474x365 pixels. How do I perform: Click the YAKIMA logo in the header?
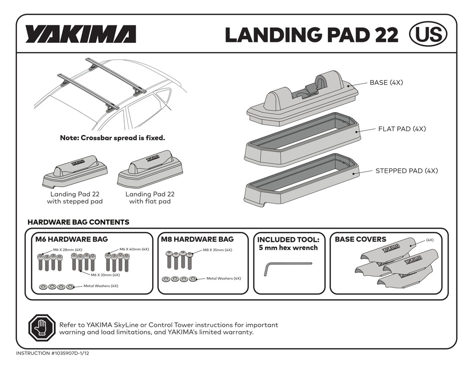pyautogui.click(x=80, y=34)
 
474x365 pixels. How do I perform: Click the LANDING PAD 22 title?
pyautogui.click(x=311, y=34)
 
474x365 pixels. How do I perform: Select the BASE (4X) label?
pyautogui.click(x=386, y=83)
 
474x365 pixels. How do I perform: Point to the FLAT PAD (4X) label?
pyautogui.click(x=401, y=129)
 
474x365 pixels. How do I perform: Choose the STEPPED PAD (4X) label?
pyautogui.click(x=406, y=171)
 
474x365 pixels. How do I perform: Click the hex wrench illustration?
pyautogui.click(x=287, y=268)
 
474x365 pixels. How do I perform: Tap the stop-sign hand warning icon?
pyautogui.click(x=40, y=327)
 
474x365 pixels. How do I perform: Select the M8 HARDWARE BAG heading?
pyautogui.click(x=197, y=239)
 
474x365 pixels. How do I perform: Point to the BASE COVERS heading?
pyautogui.click(x=360, y=239)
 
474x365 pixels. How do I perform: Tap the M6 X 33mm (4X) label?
pyautogui.click(x=105, y=275)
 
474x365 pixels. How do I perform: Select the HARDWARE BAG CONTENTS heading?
pyautogui.click(x=78, y=222)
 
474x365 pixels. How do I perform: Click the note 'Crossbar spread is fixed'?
pyautogui.click(x=112, y=138)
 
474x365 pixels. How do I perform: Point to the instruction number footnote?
pyautogui.click(x=53, y=353)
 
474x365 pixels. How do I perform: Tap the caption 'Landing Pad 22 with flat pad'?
pyautogui.click(x=150, y=197)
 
